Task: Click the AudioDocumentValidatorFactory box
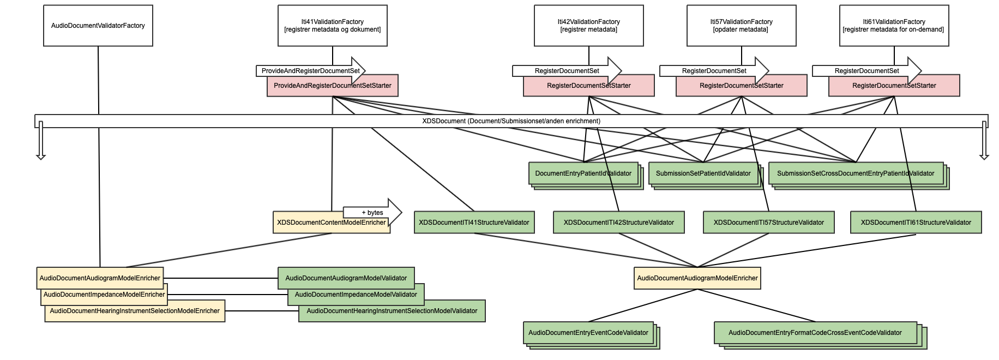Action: tap(98, 26)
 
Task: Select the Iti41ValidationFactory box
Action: tap(333, 26)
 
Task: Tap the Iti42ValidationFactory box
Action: tap(589, 26)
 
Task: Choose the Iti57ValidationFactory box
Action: tap(742, 26)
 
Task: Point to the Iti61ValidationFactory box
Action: tap(894, 26)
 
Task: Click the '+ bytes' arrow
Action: tap(372, 212)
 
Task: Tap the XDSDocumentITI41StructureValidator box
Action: tap(474, 223)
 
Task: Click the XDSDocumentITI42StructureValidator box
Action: tap(619, 223)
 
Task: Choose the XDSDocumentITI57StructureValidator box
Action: tap(769, 223)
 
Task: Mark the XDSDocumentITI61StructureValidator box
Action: tap(916, 223)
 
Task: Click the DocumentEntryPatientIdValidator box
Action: tap(583, 173)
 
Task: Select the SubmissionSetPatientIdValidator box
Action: tap(703, 173)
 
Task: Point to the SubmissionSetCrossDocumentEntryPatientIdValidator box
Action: tap(856, 173)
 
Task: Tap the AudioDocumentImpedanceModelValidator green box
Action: tap(356, 295)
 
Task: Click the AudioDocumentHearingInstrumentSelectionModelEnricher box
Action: tap(135, 311)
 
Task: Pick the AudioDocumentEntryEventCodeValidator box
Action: tap(588, 333)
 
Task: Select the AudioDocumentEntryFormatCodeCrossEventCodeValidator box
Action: tap(815, 333)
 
